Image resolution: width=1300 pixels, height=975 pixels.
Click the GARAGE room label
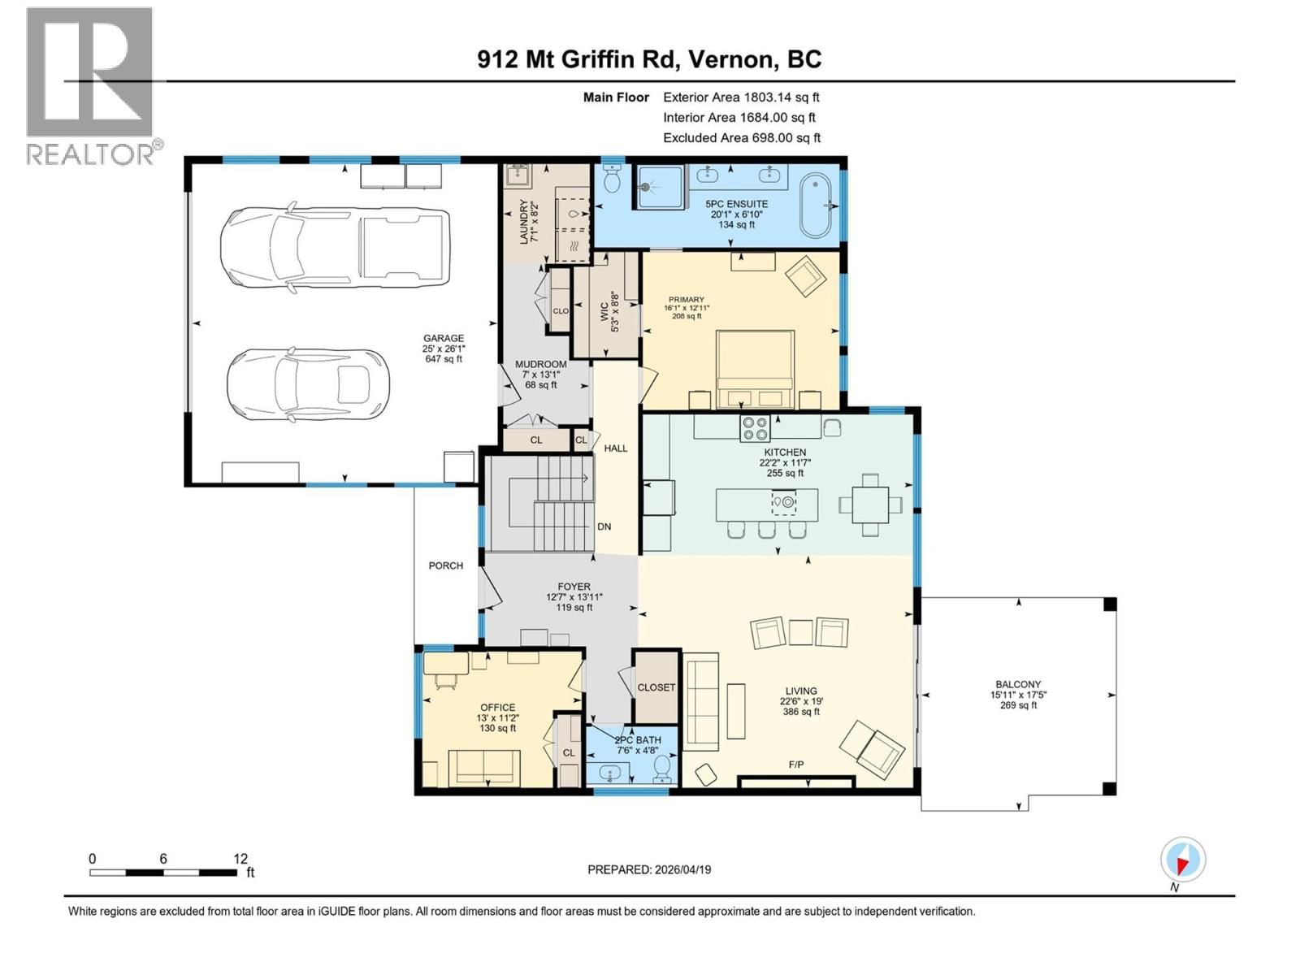pos(443,339)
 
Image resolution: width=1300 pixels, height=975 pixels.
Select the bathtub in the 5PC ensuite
pos(817,204)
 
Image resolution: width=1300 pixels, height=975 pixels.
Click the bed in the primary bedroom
pos(754,369)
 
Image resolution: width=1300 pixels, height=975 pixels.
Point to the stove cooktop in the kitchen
pos(755,427)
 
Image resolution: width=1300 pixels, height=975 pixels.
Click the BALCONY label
pos(1018,685)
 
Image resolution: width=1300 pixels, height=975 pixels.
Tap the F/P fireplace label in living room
pos(795,765)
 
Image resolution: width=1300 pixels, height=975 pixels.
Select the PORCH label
pos(445,565)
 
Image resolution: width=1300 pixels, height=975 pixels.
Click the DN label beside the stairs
pos(604,526)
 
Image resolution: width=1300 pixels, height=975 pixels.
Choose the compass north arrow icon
pos(1182,860)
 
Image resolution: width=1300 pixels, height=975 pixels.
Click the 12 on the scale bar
pos(240,859)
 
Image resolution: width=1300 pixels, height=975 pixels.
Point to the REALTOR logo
pos(90,86)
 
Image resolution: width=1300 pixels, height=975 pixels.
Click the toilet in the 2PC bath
pos(663,766)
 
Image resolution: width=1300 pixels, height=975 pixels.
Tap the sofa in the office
pos(484,768)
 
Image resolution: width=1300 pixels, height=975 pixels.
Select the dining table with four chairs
pos(870,505)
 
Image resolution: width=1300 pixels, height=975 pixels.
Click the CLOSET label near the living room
pos(656,687)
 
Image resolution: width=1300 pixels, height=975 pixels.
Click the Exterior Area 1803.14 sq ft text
pos(741,97)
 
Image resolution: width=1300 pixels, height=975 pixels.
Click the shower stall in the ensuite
pos(659,187)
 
